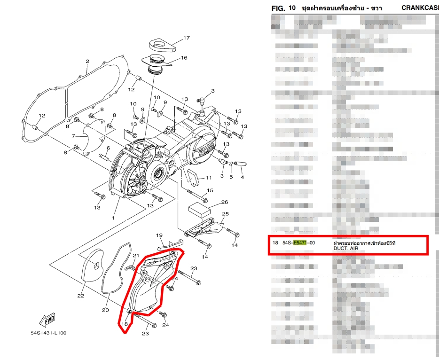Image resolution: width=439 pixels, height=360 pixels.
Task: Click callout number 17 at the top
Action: [x=186, y=38]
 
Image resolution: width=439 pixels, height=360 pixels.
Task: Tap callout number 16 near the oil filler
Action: [x=184, y=58]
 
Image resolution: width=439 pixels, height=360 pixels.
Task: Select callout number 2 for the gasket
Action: [x=87, y=62]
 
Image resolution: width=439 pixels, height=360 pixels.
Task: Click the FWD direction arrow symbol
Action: [x=48, y=320]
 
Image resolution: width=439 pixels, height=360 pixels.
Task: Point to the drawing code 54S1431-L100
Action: [x=48, y=333]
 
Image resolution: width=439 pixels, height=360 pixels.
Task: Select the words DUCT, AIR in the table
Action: [x=346, y=249]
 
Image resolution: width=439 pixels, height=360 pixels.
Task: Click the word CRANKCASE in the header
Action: [x=420, y=8]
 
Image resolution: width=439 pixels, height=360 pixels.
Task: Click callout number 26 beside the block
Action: [x=225, y=202]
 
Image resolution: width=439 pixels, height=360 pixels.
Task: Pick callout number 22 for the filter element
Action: [x=81, y=296]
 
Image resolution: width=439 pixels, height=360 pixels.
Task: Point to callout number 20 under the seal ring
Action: [x=105, y=310]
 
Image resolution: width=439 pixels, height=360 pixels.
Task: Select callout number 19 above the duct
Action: [x=159, y=235]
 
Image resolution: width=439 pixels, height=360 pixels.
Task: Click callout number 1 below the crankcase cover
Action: [x=113, y=218]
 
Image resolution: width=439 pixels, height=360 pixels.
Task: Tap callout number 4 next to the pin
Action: [x=243, y=177]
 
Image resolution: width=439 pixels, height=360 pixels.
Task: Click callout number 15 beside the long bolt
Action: [x=210, y=190]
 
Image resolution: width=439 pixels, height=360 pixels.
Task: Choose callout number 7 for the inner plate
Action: [x=73, y=136]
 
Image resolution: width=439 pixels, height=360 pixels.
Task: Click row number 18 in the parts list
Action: [x=275, y=243]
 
